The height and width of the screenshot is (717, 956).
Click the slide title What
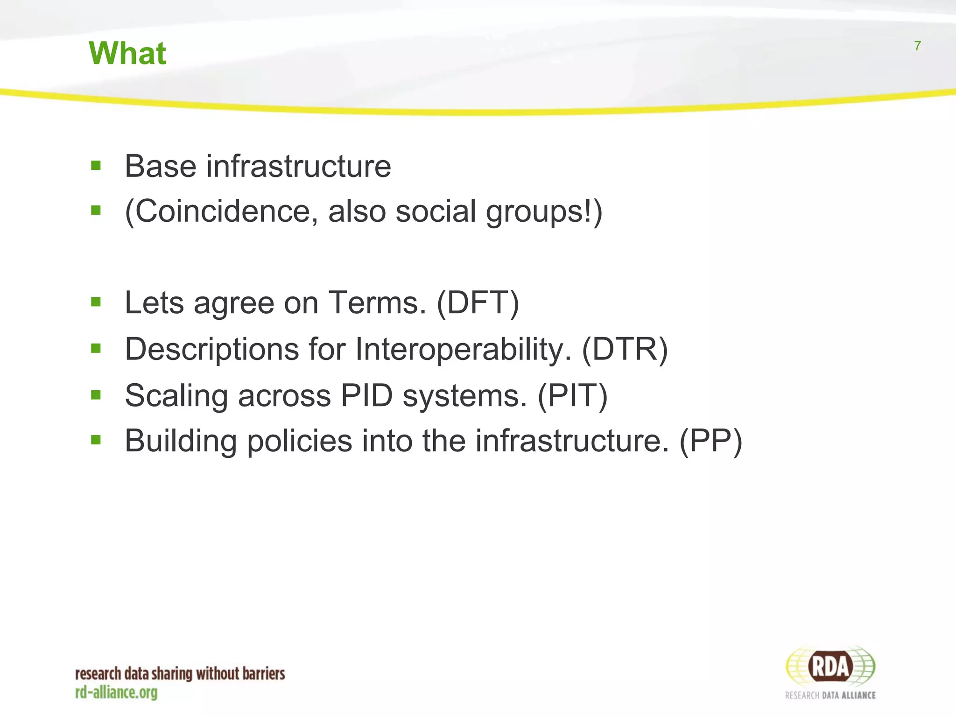127,53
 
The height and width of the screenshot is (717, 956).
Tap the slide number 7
917,46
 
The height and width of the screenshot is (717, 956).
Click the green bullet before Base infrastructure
96,165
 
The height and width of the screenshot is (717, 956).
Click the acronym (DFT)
478,303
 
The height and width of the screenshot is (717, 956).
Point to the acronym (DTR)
625,349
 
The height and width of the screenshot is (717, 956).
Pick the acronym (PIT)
572,396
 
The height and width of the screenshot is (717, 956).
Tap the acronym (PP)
710,441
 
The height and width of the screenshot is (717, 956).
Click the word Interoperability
463,349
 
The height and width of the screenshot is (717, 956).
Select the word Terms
377,303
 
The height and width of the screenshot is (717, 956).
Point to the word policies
299,441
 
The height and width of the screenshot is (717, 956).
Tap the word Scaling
176,396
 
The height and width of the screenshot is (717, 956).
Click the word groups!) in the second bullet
544,211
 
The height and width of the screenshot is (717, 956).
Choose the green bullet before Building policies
96,440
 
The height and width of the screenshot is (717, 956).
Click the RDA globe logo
830,667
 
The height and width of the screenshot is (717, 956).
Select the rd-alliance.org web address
116,692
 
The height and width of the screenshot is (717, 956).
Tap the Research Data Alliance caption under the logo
830,695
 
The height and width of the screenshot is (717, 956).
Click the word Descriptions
212,349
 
